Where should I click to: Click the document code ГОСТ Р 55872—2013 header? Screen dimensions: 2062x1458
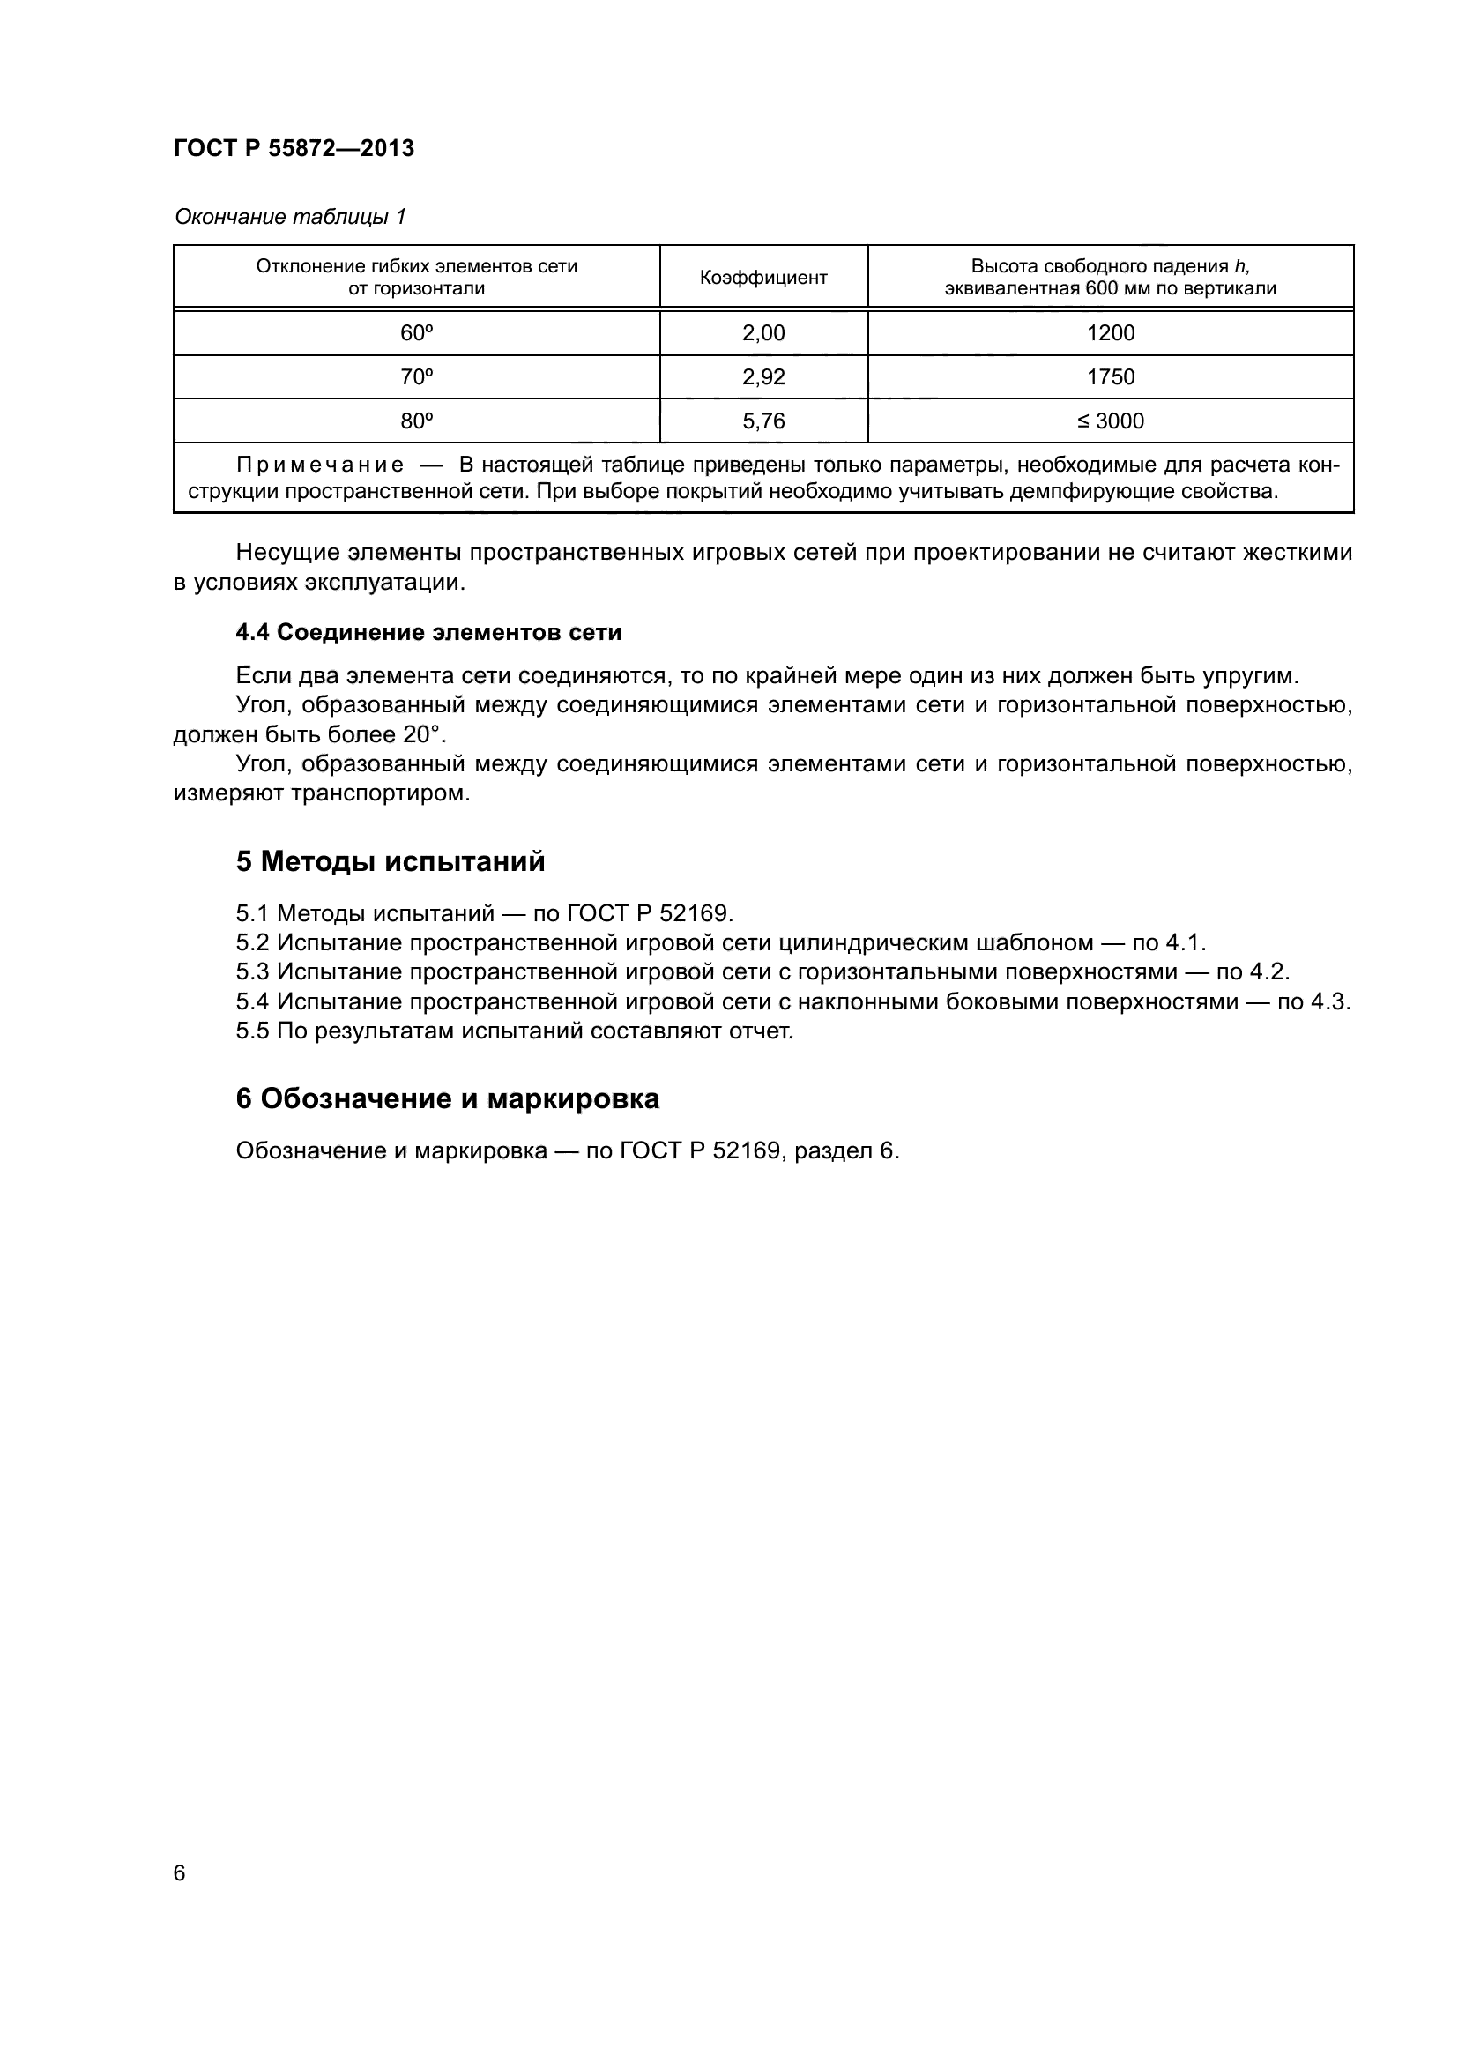[x=294, y=148]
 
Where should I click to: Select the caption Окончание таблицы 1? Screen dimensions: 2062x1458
[x=290, y=217]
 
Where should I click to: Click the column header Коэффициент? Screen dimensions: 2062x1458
[x=763, y=278]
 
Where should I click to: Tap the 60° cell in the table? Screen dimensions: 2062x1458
[x=417, y=333]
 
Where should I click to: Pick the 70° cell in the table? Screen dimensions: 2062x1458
[x=417, y=377]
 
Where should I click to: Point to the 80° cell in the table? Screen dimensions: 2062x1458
[x=417, y=421]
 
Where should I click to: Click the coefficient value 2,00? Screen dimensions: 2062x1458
[x=763, y=333]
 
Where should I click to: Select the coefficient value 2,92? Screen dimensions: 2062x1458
[x=763, y=377]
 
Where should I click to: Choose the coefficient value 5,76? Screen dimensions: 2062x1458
[x=763, y=421]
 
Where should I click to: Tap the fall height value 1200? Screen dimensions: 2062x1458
[x=1111, y=333]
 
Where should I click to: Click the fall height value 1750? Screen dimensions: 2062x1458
[x=1111, y=377]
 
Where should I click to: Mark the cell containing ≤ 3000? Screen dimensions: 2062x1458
[x=1111, y=421]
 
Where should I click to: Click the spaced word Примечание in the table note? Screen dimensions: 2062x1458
[x=320, y=465]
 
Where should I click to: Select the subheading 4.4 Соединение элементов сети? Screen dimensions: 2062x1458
[x=428, y=632]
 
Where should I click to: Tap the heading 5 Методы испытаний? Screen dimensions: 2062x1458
[x=391, y=862]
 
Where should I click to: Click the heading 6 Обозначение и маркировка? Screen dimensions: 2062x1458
[x=447, y=1099]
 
